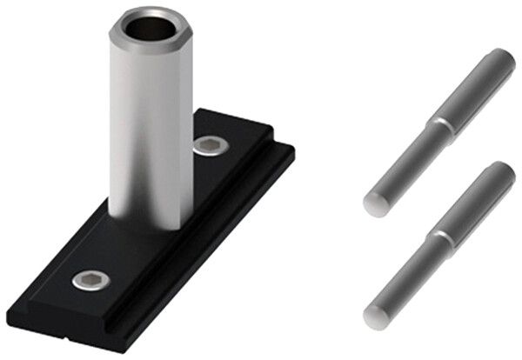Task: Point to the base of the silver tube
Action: click(145, 217)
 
